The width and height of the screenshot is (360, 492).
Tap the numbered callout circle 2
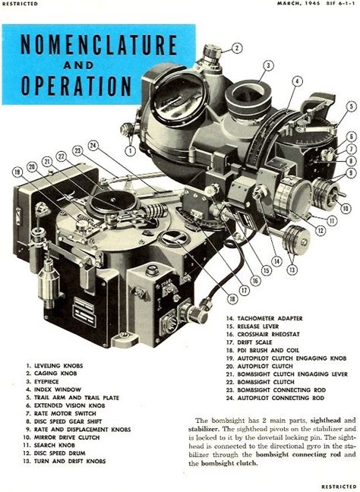(237, 48)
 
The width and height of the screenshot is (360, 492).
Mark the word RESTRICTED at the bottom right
(339, 486)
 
